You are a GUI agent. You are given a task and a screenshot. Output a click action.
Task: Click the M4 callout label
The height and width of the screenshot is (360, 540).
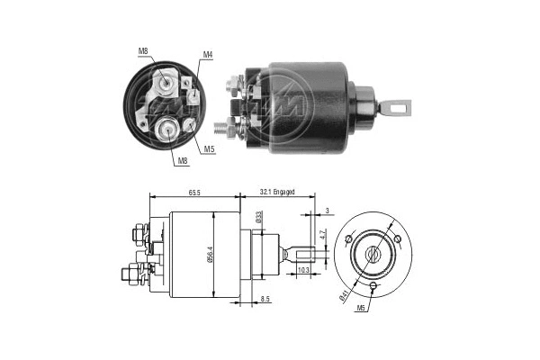pos(207,55)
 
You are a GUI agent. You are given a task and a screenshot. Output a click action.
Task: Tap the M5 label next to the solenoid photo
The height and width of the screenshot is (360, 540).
pos(208,148)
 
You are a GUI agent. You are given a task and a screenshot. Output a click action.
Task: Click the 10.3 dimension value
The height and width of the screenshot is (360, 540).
pos(303,270)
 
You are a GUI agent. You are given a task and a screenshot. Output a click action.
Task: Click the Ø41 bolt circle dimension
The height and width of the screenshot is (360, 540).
pos(346,291)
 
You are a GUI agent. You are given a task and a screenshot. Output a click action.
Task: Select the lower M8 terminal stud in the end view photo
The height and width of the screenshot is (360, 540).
pos(167,129)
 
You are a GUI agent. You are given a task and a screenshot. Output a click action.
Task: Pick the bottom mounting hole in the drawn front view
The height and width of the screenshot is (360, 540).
pos(373,285)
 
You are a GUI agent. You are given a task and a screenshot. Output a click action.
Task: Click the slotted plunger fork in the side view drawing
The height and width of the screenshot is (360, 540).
pos(304,253)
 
